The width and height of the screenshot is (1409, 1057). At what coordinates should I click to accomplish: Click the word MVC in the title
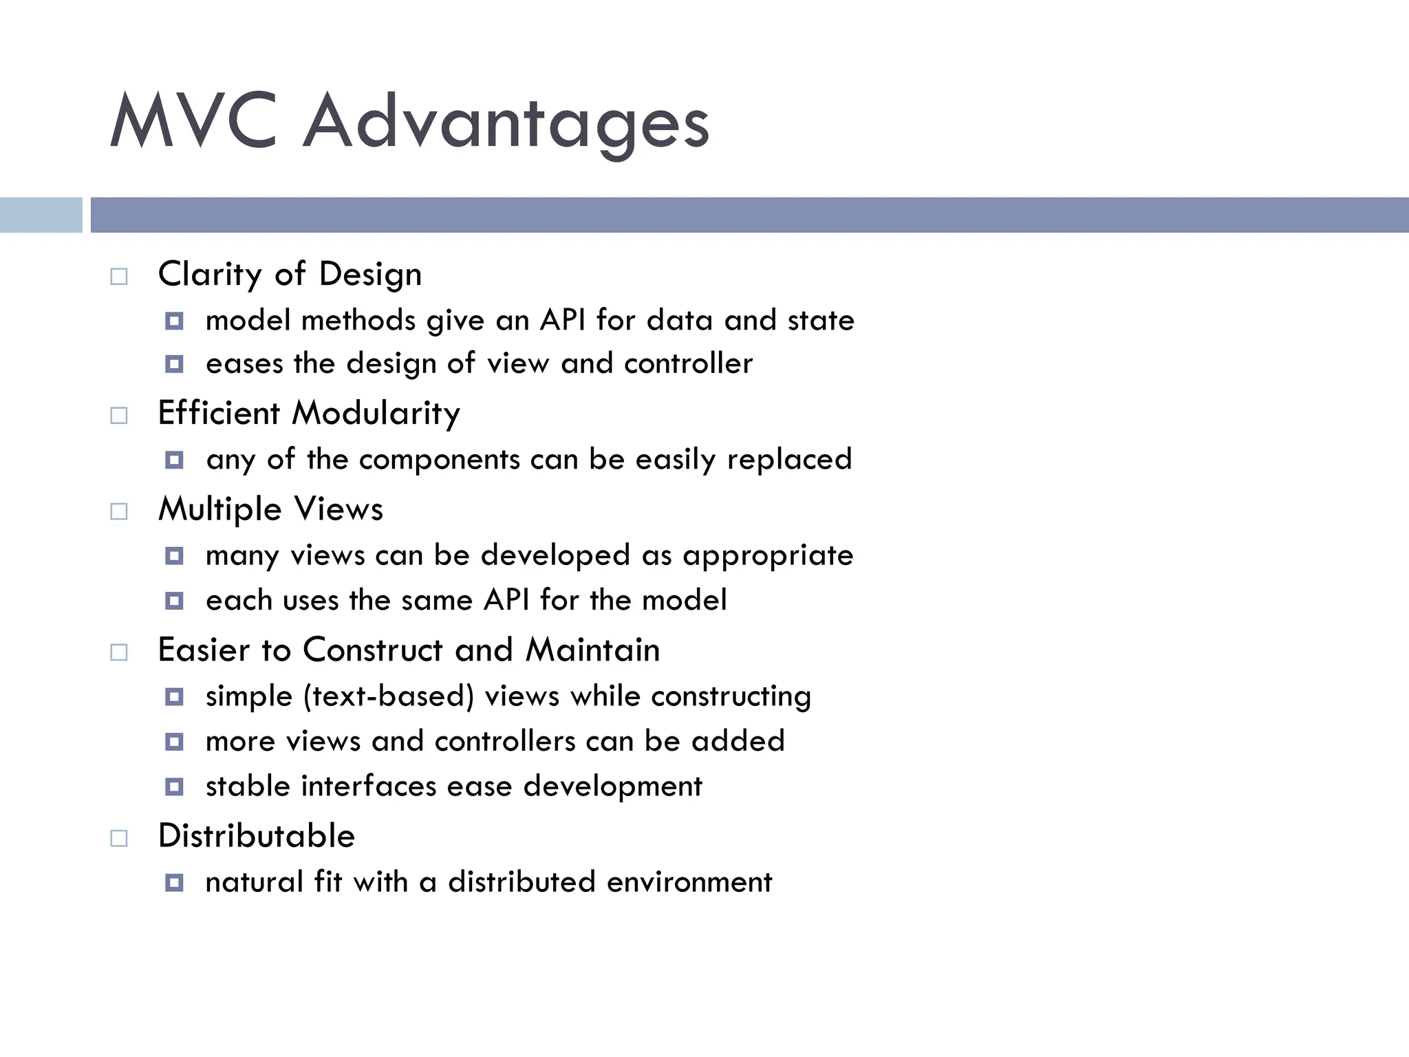193,122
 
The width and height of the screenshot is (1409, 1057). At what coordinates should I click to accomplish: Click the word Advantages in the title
506,124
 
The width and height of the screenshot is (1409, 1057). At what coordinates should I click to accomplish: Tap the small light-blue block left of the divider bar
41,215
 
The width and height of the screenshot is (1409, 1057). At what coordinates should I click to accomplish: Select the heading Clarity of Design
290,275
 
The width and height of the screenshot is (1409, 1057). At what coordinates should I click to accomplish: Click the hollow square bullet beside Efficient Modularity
119,416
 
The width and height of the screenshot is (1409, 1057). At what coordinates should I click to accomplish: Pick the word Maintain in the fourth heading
592,650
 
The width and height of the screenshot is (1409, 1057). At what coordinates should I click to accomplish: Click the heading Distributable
257,836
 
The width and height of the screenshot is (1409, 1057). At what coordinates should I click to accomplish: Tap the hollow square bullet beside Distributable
119,838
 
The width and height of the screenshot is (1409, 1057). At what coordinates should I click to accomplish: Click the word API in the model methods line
562,320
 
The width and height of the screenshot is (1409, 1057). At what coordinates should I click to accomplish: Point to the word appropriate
768,556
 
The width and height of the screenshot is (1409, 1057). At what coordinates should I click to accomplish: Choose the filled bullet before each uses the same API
175,601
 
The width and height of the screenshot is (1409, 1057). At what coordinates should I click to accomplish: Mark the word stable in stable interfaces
248,786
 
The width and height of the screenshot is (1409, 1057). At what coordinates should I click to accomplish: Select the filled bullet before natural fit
175,882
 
